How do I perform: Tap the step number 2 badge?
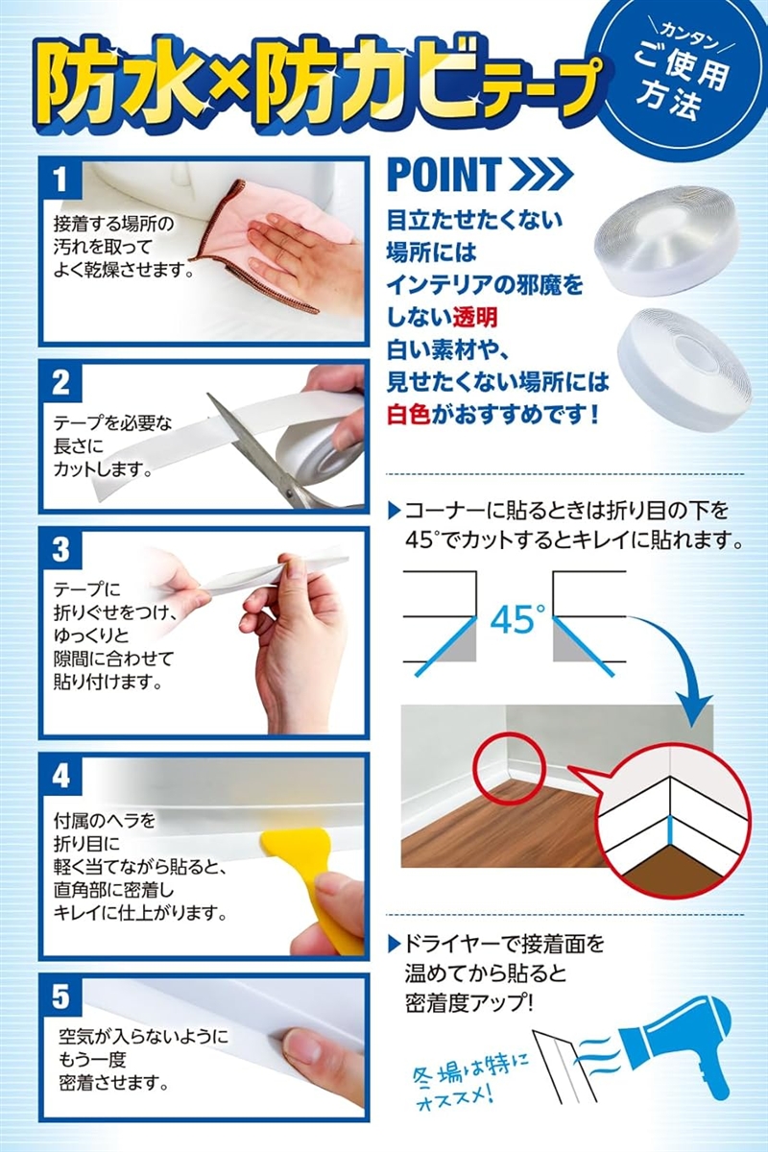click(x=60, y=383)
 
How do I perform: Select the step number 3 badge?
click(x=60, y=550)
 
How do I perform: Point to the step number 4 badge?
click(x=60, y=776)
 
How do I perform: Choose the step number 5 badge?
click(x=60, y=997)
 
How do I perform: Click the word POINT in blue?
click(x=444, y=175)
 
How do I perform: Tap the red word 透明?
click(x=475, y=318)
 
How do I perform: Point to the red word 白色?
click(x=409, y=414)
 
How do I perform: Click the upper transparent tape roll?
click(x=663, y=241)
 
